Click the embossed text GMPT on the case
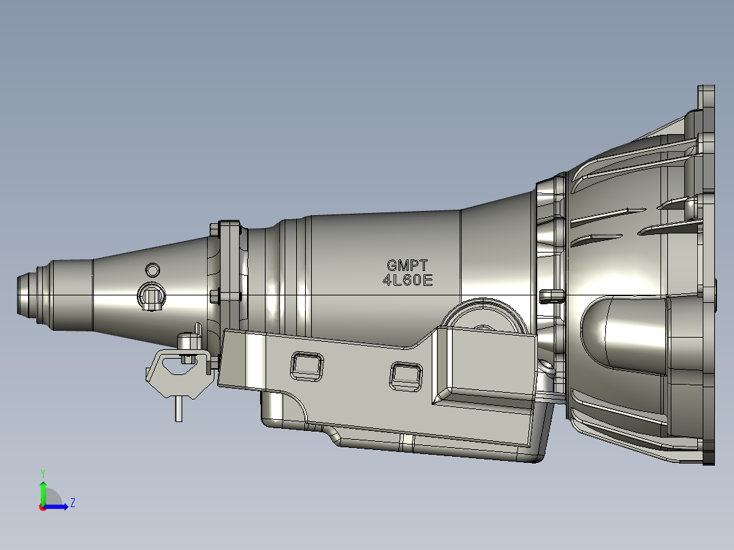coord(407,266)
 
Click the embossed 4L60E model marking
coord(407,280)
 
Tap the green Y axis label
coord(42,472)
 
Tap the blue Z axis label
coord(72,503)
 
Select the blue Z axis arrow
coord(58,506)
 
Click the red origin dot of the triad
coord(42,507)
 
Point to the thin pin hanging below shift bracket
coord(178,408)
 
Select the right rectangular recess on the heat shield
coord(406,375)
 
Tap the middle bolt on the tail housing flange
coord(215,296)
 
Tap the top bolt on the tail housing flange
coord(215,230)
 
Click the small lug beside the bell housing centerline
coord(550,295)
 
